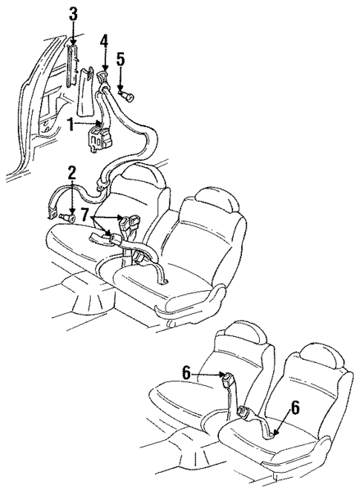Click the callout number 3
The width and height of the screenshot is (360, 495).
[x=72, y=13]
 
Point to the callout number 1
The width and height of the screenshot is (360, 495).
[x=71, y=125]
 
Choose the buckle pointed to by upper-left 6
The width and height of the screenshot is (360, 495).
[x=227, y=384]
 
